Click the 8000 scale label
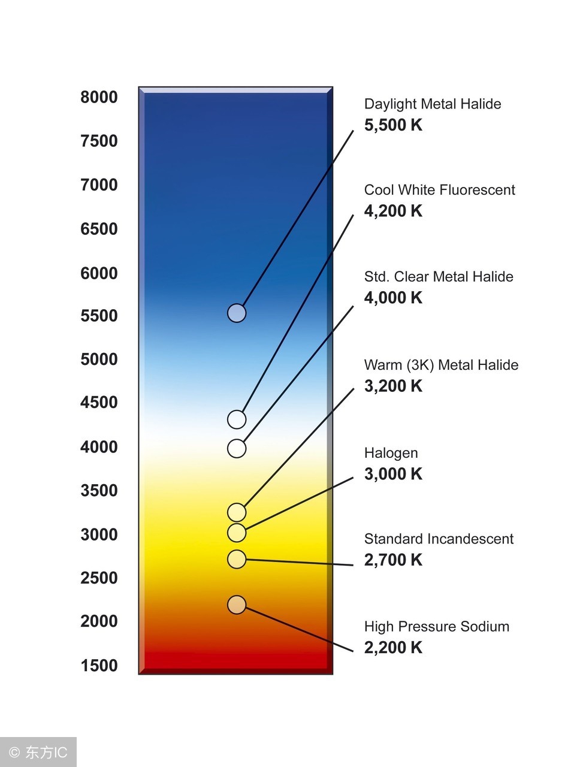pos(99,97)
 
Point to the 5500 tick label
pos(99,316)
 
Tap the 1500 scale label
pos(99,665)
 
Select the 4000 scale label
pos(99,447)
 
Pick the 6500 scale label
pos(99,229)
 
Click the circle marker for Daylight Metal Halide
pos(237,313)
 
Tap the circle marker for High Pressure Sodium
pos(237,605)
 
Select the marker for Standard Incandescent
pos(237,559)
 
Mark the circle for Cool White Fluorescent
pos(237,419)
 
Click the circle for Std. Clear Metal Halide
pos(237,448)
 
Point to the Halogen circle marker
pos(237,532)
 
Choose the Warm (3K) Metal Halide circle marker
pos(237,512)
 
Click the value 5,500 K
pos(393,125)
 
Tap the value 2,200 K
pos(393,648)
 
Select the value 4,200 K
pos(393,211)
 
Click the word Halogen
pos(391,454)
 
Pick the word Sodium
pos(484,627)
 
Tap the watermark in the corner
pos(38,752)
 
